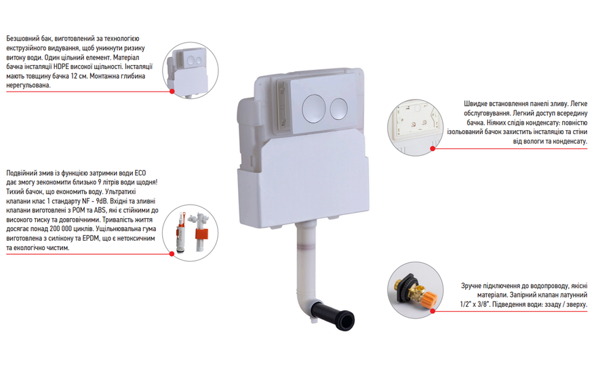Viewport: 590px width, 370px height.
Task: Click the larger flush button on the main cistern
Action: coord(313,108)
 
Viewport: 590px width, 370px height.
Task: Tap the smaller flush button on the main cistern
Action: coord(338,109)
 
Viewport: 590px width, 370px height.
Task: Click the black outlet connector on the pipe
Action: coord(334,316)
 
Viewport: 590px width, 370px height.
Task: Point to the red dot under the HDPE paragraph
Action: coord(172,91)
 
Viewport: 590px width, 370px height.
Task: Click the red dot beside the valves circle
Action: coord(172,254)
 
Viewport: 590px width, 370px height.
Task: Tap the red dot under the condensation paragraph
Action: coord(433,148)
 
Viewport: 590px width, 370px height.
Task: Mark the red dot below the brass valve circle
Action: coord(433,311)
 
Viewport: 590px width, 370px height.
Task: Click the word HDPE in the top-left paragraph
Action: coord(61,67)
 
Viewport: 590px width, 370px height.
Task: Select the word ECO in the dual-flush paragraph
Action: coord(140,173)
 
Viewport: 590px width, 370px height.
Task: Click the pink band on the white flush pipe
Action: coord(307,248)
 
